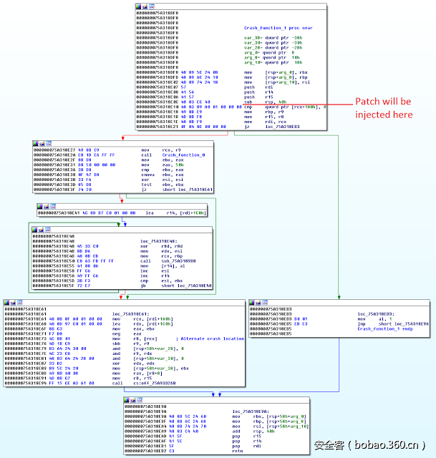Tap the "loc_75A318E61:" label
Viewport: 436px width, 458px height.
point(132,313)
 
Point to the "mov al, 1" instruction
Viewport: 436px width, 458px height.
point(366,319)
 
